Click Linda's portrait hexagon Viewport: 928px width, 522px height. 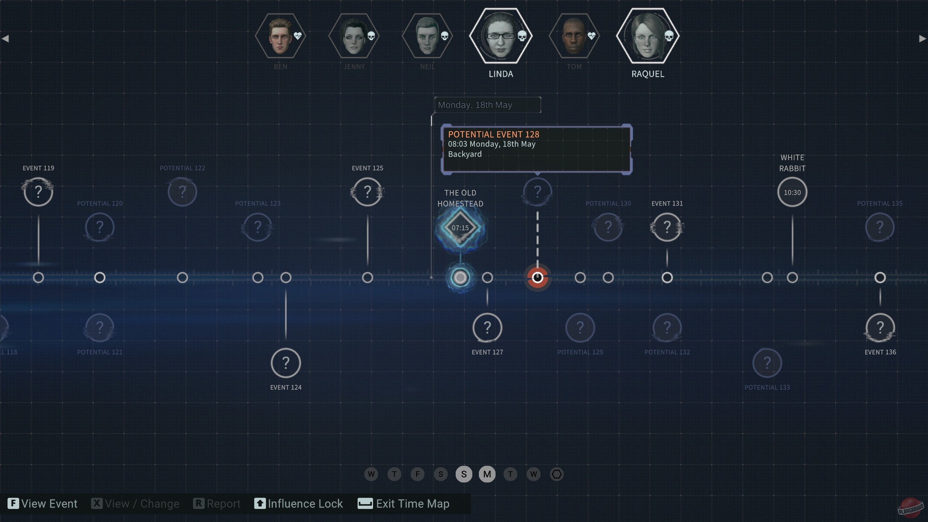click(x=500, y=36)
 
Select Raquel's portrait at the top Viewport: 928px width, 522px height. click(x=647, y=36)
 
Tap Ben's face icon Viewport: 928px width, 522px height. click(x=280, y=36)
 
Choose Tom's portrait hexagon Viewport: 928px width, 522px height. click(x=574, y=36)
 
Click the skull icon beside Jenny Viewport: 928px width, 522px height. click(x=371, y=36)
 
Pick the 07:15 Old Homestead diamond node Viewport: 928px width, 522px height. click(x=460, y=228)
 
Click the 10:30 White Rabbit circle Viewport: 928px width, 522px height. click(x=792, y=192)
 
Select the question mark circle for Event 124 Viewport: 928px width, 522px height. click(x=286, y=363)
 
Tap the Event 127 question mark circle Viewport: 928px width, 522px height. click(x=487, y=328)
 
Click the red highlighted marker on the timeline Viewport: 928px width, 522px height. click(x=537, y=278)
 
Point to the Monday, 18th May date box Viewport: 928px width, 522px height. click(x=488, y=105)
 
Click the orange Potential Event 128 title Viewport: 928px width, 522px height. click(x=493, y=134)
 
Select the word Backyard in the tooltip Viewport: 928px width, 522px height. click(x=465, y=154)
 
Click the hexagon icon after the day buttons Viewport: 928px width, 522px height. click(x=556, y=474)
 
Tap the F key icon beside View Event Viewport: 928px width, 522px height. click(x=13, y=504)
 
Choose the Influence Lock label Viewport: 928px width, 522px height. click(x=305, y=504)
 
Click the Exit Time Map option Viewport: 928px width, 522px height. click(x=413, y=504)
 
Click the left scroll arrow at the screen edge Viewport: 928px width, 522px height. click(x=5, y=38)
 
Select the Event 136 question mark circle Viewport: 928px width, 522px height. click(x=880, y=328)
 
